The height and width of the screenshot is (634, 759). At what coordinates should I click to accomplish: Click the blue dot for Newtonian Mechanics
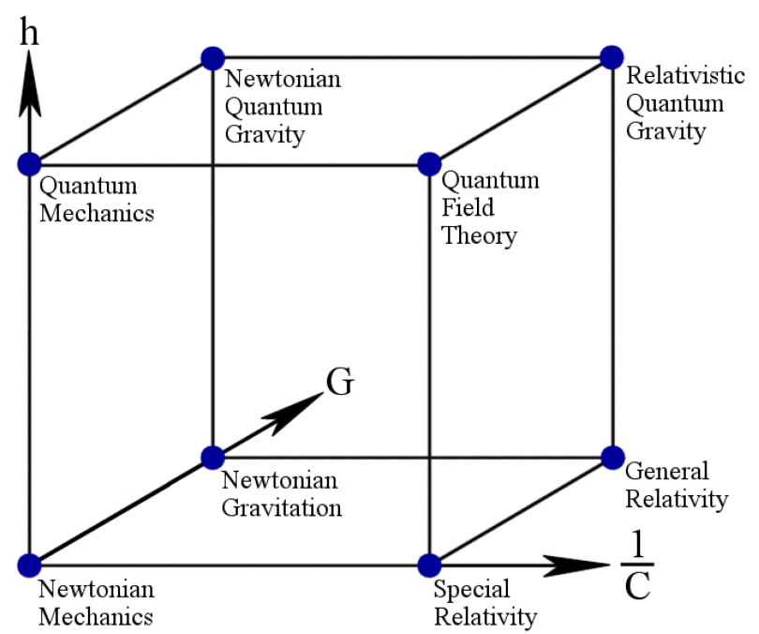29,565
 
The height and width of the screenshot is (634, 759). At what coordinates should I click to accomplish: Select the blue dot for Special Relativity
429,565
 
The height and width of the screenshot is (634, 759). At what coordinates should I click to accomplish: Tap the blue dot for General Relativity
612,458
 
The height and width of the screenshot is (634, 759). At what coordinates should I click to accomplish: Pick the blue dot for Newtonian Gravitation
213,458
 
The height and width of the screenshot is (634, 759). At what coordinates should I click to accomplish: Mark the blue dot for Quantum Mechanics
29,163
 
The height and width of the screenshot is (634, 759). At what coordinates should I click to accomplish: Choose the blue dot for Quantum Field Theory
429,163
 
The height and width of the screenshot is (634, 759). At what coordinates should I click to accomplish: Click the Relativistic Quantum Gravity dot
612,57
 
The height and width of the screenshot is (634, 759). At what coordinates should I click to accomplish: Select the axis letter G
339,383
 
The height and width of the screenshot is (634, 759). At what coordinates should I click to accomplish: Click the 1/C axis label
637,568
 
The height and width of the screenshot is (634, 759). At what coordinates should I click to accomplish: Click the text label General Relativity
676,485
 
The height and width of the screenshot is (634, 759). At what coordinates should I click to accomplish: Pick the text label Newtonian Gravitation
281,494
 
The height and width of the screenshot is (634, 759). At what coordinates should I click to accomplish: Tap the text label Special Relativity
484,603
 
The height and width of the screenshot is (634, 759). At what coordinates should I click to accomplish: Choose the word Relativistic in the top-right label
674,75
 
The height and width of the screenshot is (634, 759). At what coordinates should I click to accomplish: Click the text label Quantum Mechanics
96,200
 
